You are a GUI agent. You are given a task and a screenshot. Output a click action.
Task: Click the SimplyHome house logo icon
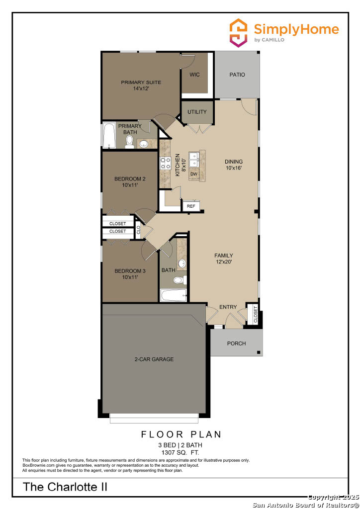(x=238, y=33)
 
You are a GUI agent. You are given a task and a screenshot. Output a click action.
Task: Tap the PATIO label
(x=237, y=75)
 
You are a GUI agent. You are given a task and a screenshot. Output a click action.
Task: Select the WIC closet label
(x=194, y=75)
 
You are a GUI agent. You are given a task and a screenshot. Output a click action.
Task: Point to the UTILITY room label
(x=197, y=112)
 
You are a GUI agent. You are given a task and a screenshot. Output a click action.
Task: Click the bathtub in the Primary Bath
(x=109, y=135)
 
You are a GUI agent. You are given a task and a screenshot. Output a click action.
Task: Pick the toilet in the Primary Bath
(x=129, y=142)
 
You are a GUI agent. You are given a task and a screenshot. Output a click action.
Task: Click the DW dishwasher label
(x=194, y=174)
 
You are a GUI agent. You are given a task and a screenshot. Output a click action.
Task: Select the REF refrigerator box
(x=191, y=206)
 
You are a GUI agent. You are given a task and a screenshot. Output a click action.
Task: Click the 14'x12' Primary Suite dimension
(x=141, y=88)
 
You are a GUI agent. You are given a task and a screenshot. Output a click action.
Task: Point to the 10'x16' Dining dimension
(x=234, y=168)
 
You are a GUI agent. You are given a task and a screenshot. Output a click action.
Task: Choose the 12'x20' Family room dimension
(x=224, y=261)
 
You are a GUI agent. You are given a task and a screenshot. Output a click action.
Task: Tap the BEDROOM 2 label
(x=130, y=178)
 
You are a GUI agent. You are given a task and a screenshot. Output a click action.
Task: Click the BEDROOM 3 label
(x=130, y=271)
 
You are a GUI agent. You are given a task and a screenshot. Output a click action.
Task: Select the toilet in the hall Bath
(x=180, y=280)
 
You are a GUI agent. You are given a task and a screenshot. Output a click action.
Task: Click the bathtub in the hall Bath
(x=174, y=295)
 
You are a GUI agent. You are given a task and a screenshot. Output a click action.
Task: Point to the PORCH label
(x=236, y=343)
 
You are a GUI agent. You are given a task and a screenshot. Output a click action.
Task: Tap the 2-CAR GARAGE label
(x=154, y=359)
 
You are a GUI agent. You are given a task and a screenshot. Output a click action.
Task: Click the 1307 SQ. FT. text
(x=180, y=452)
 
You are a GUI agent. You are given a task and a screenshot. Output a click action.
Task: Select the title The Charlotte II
(x=65, y=487)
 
